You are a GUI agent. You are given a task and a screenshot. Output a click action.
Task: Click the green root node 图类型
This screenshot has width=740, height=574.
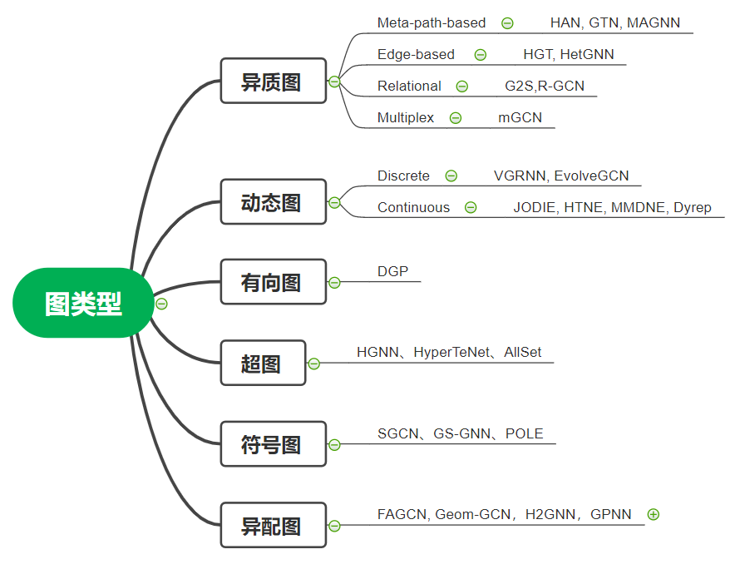(x=83, y=304)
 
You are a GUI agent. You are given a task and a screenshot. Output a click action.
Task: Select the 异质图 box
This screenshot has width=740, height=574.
(x=273, y=82)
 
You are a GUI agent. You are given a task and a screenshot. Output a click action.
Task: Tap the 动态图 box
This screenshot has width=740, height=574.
(x=273, y=202)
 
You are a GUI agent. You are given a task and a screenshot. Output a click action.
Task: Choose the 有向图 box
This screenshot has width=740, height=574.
(x=273, y=283)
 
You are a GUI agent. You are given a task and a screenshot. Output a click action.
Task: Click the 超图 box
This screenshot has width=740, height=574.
(x=263, y=364)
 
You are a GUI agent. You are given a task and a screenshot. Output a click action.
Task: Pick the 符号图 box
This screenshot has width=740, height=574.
(x=273, y=445)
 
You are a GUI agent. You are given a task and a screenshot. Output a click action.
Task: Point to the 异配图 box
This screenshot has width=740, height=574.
(x=273, y=526)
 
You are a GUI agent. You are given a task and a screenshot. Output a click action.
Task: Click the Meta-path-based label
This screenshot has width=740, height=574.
(x=431, y=23)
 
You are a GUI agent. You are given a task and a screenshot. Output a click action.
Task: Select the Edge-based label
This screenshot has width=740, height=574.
(x=416, y=55)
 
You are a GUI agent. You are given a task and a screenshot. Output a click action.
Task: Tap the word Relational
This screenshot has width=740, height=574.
(x=409, y=87)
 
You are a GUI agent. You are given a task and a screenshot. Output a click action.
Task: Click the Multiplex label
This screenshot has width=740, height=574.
(x=405, y=118)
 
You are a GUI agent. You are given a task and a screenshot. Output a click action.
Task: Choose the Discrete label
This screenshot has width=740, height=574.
(x=403, y=176)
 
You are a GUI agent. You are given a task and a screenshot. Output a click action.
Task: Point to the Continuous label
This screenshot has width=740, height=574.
(x=413, y=208)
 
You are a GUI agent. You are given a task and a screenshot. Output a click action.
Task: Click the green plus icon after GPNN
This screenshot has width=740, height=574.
(x=653, y=514)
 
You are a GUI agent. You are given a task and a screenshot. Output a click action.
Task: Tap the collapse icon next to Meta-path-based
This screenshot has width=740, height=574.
(x=507, y=23)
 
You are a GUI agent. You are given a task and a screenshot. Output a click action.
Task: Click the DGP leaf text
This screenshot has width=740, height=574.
(x=392, y=272)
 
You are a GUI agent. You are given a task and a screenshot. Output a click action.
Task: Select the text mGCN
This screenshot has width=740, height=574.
(x=520, y=118)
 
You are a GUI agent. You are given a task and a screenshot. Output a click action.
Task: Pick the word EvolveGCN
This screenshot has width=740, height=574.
(x=591, y=176)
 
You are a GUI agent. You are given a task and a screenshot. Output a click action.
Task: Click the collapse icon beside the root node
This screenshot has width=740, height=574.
(x=162, y=304)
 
